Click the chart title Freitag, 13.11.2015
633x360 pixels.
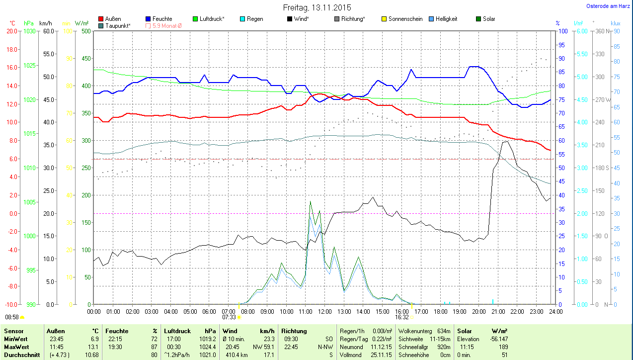point(317,7)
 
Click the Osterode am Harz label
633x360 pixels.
point(609,6)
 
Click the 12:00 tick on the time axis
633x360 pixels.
point(324,312)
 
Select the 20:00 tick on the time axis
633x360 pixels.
point(478,312)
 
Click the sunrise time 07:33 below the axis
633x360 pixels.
point(229,317)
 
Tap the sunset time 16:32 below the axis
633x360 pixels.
point(402,317)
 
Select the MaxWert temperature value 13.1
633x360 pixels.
point(93,347)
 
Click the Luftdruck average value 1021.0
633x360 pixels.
point(208,355)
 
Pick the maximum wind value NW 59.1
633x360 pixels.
point(264,347)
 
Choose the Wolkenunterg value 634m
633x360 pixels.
point(444,331)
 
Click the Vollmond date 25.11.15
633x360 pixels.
point(381,355)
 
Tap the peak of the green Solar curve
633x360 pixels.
point(311,201)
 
